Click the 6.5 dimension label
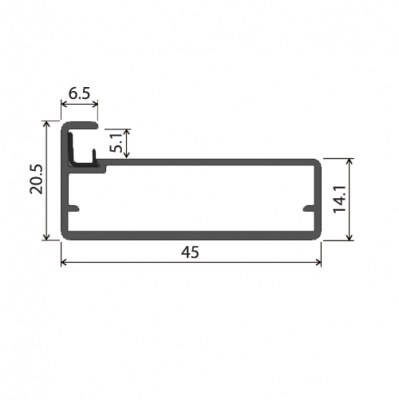pos(79,93)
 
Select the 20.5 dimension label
pos(36,179)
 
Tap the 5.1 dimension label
pos(117,144)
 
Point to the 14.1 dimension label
pos(339,199)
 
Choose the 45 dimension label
pos(190,252)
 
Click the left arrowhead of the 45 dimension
pos(63,262)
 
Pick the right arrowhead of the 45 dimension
pos(319,262)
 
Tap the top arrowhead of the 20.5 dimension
pos(47,123)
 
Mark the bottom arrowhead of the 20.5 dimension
pos(47,237)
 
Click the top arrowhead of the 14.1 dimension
pos(349,162)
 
